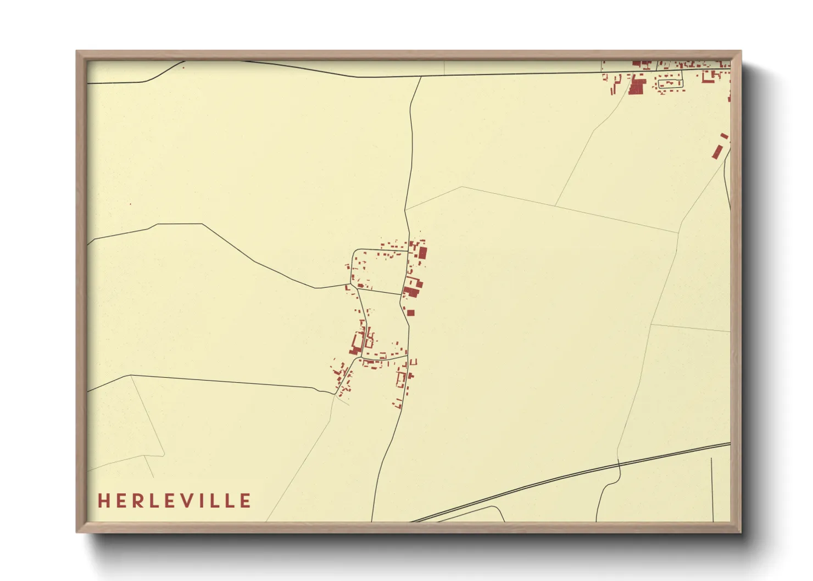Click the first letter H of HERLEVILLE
(x=103, y=501)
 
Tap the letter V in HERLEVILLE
(x=187, y=501)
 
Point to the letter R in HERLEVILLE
(x=137, y=501)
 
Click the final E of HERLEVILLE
(x=246, y=501)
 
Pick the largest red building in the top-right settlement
(x=637, y=87)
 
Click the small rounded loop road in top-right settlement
(x=670, y=83)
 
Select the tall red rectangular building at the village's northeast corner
(x=423, y=253)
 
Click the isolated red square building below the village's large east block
(x=410, y=313)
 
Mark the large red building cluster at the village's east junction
(x=413, y=288)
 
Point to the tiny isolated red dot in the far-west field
(x=130, y=205)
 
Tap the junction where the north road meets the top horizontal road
(x=421, y=76)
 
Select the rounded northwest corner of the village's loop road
(x=355, y=252)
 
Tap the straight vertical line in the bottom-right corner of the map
(x=712, y=489)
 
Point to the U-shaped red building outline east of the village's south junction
(x=414, y=362)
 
